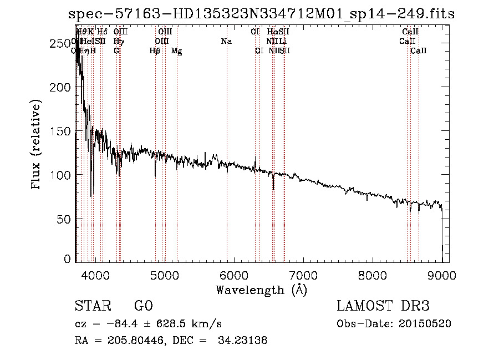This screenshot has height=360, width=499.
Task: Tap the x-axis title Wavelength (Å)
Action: tap(261, 290)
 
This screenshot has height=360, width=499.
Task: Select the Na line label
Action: tap(226, 42)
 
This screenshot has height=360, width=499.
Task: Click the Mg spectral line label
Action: tap(176, 51)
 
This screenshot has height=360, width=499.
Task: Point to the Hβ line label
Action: tap(155, 51)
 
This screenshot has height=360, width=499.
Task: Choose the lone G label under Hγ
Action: tap(116, 51)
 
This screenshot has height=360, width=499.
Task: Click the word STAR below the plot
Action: tap(91, 306)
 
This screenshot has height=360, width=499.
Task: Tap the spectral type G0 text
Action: tap(143, 306)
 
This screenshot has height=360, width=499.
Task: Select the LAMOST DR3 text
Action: tap(383, 306)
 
